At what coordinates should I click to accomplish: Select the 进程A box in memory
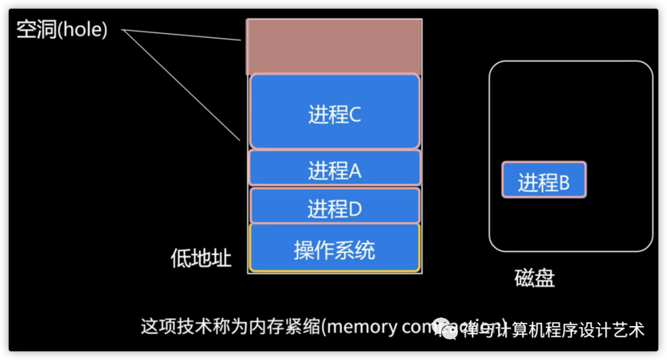pyautogui.click(x=334, y=168)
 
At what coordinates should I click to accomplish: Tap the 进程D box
pyautogui.click(x=334, y=206)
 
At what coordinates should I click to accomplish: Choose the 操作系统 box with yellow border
pyautogui.click(x=334, y=248)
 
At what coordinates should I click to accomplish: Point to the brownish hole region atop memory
pyautogui.click(x=334, y=47)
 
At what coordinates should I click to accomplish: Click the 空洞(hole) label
pyautogui.click(x=62, y=30)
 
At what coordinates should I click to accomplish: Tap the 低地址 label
pyautogui.click(x=201, y=257)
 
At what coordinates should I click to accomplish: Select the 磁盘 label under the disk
pyautogui.click(x=534, y=278)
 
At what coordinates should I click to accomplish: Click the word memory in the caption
pyautogui.click(x=361, y=326)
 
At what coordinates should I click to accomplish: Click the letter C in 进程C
pyautogui.click(x=354, y=115)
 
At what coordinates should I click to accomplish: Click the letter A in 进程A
pyautogui.click(x=354, y=172)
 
